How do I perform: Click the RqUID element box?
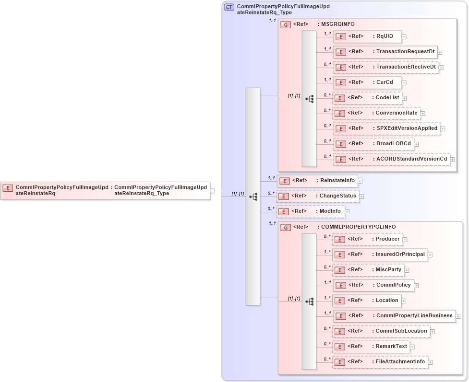tap(367, 36)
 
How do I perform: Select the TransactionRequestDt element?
tap(385, 52)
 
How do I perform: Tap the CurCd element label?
tap(385, 82)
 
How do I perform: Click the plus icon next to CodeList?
tap(404, 98)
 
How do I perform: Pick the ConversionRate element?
tap(376, 113)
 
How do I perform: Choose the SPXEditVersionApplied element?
tap(386, 128)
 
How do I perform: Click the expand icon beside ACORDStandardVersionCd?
tap(452, 159)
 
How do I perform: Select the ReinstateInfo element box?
tap(317, 181)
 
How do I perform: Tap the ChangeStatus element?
tap(317, 196)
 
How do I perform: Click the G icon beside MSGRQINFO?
tap(286, 24)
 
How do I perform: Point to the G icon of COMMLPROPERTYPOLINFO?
tap(286, 227)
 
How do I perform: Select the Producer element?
tap(368, 239)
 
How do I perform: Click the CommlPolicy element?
tap(376, 285)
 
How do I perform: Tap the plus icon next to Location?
tap(404, 301)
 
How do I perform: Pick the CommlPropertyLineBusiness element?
tap(394, 316)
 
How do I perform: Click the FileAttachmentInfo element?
tap(380, 361)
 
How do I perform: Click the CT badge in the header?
tap(229, 7)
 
